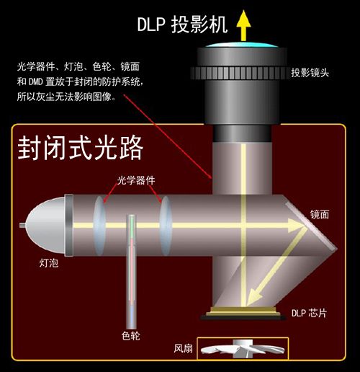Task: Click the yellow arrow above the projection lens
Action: click(243, 25)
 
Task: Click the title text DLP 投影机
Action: click(182, 25)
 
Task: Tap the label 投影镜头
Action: click(310, 73)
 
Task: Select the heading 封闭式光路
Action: click(81, 148)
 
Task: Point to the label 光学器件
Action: click(136, 180)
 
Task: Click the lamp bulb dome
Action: click(45, 225)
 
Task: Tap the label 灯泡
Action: click(49, 263)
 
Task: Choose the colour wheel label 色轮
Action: click(131, 336)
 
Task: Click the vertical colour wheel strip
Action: click(131, 272)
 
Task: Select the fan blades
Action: click(243, 350)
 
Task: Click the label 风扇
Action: click(184, 348)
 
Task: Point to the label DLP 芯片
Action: click(309, 313)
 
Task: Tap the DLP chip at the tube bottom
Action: click(243, 313)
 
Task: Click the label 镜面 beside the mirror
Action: click(320, 214)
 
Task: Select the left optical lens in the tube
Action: click(99, 226)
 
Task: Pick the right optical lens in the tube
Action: click(166, 226)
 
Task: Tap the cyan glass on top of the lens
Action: click(242, 45)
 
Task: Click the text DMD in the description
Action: click(35, 82)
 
